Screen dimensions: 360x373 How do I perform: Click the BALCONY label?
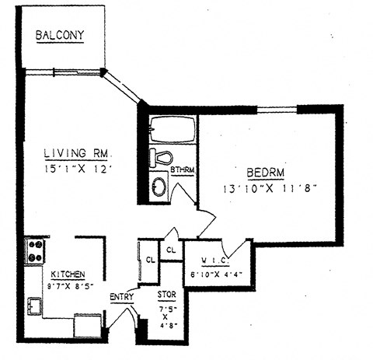[59, 36]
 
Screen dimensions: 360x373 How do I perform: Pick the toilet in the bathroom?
[160, 156]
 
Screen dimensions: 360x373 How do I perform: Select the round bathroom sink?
[159, 187]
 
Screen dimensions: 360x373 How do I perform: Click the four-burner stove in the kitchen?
[34, 250]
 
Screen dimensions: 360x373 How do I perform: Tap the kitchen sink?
[35, 306]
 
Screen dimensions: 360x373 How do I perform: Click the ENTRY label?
[121, 296]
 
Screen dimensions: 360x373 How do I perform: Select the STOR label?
[166, 295]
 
